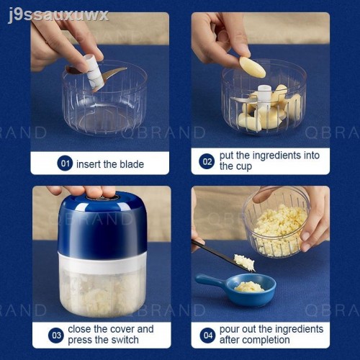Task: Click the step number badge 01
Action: point(65,163)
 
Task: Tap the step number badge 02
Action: point(207,161)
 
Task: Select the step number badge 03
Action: point(56,335)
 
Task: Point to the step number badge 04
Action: point(208,336)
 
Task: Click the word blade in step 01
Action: point(132,164)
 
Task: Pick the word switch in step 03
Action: point(125,340)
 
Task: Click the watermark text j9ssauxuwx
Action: point(58,15)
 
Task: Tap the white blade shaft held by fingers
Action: point(94,73)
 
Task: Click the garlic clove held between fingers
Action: point(252,67)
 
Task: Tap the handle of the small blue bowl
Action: point(208,282)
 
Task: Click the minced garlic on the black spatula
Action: point(244,262)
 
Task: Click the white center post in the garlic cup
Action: point(264,96)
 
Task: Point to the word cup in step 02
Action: point(243,167)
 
